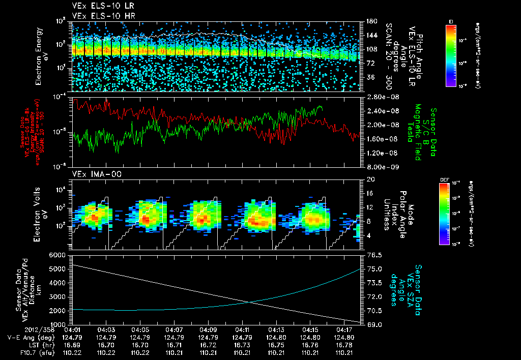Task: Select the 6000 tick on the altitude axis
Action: coord(57,254)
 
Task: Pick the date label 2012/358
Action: coord(19,330)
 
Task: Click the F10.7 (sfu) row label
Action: coord(23,352)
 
